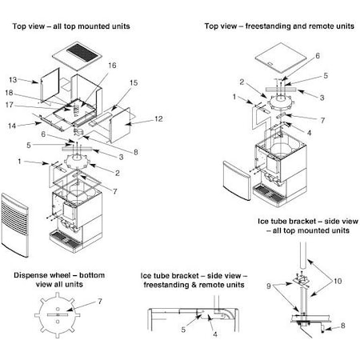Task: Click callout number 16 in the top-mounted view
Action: pyautogui.click(x=112, y=66)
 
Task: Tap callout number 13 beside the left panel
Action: pyautogui.click(x=13, y=80)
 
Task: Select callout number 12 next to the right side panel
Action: pyautogui.click(x=158, y=118)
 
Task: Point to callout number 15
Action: pyautogui.click(x=134, y=82)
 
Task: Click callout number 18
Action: pyautogui.click(x=9, y=93)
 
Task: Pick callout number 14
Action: pyautogui.click(x=12, y=126)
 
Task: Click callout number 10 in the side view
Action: pyautogui.click(x=338, y=281)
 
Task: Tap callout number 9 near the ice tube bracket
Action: pyautogui.click(x=269, y=286)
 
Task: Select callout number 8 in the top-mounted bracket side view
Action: pyautogui.click(x=343, y=326)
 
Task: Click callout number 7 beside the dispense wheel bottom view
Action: pyautogui.click(x=100, y=302)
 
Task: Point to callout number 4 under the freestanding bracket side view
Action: pyautogui.click(x=215, y=334)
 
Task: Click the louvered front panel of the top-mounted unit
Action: pyautogui.click(x=15, y=225)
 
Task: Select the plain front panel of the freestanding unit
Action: pyautogui.click(x=237, y=180)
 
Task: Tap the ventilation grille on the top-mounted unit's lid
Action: pyautogui.click(x=82, y=53)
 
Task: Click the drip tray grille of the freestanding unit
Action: pyautogui.click(x=269, y=194)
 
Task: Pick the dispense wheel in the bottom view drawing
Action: pyautogui.click(x=58, y=315)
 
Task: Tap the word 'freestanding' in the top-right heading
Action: pyautogui.click(x=266, y=26)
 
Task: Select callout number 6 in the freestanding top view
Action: pyautogui.click(x=318, y=56)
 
